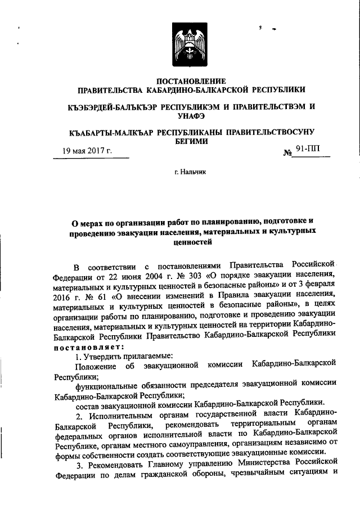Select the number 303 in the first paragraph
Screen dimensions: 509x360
pyautogui.click(x=191, y=274)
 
